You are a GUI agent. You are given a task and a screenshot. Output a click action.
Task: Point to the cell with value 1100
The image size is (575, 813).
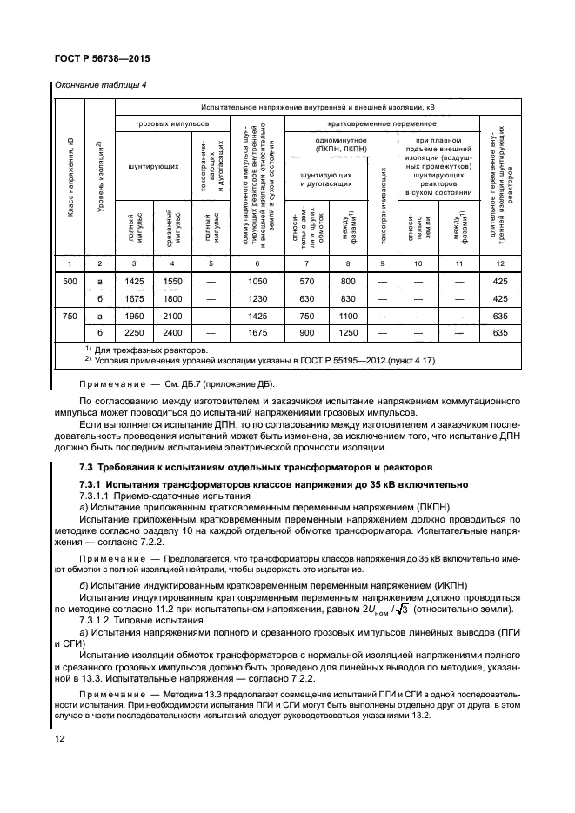tap(348, 316)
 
